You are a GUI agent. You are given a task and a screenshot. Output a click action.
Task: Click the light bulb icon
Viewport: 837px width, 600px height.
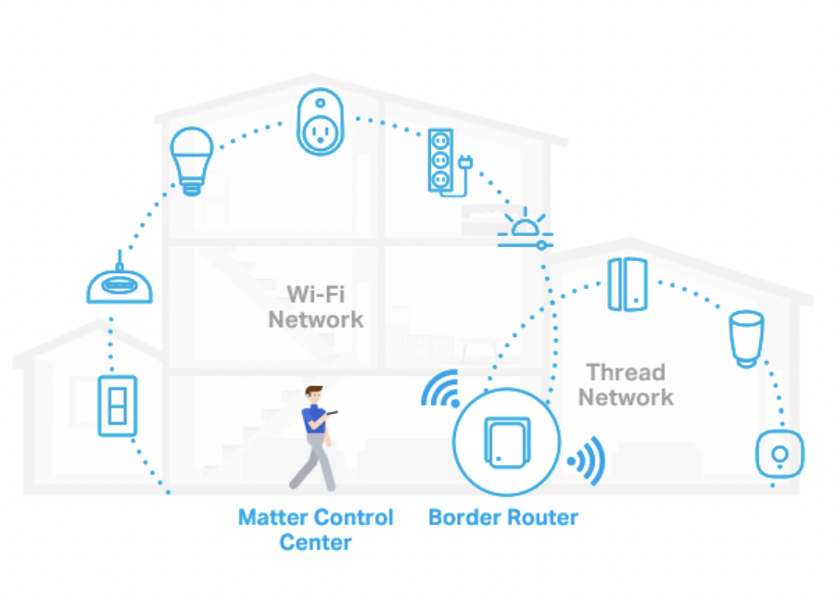pyautogui.click(x=192, y=159)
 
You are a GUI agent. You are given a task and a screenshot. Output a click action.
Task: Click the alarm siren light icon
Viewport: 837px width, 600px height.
pyautogui.click(x=524, y=228)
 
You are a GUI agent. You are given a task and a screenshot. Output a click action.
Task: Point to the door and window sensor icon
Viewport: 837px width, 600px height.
pyautogui.click(x=627, y=284)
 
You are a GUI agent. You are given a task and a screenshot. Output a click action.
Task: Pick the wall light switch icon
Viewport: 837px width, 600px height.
pyautogui.click(x=118, y=405)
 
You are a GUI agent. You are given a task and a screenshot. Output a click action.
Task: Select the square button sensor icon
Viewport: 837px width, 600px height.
pyautogui.click(x=780, y=455)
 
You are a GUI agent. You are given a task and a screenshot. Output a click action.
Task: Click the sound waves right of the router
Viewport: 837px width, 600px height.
pyautogui.click(x=587, y=458)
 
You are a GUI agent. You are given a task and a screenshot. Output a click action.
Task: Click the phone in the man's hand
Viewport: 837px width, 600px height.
pyautogui.click(x=334, y=413)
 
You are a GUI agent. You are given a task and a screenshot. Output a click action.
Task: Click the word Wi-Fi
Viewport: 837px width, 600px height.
pyautogui.click(x=315, y=294)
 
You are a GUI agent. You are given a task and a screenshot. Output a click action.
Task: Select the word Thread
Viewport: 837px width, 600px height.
pyautogui.click(x=626, y=372)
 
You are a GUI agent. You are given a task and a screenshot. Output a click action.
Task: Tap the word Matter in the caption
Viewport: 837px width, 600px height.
pyautogui.click(x=273, y=517)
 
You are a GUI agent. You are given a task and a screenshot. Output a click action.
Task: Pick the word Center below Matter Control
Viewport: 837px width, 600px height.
pyautogui.click(x=315, y=542)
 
